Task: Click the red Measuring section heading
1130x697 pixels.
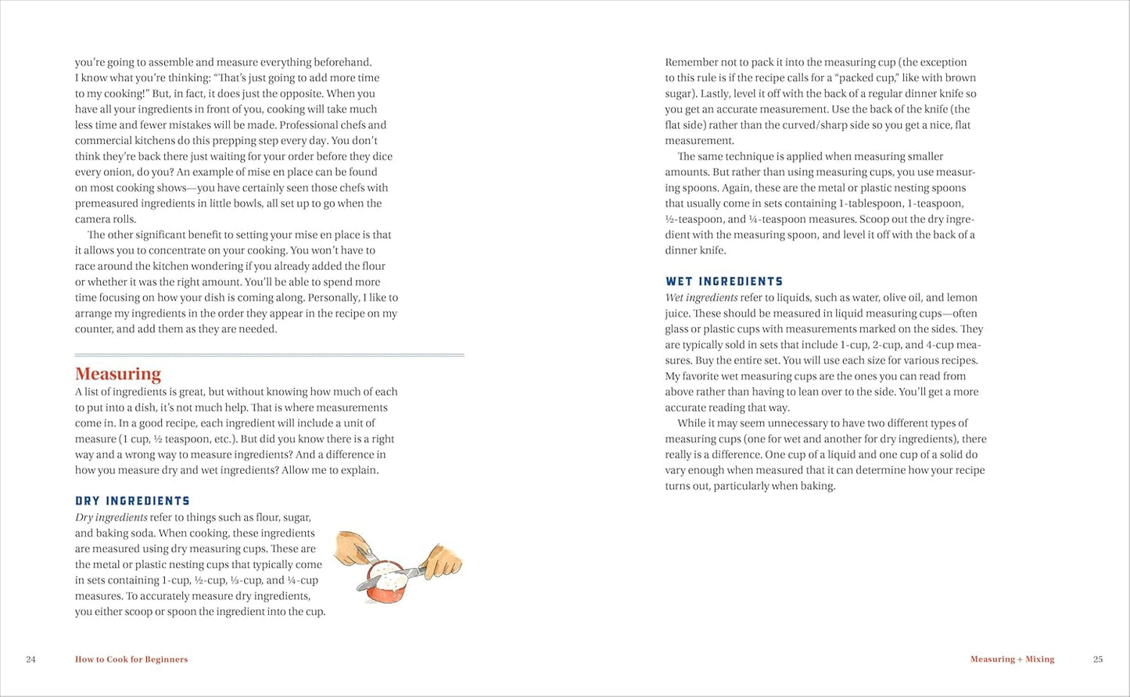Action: (x=118, y=374)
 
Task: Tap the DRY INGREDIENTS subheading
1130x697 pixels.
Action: (x=132, y=501)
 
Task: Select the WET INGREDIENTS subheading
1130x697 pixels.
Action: (x=724, y=282)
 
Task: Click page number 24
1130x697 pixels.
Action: (x=30, y=659)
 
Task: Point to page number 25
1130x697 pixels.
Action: (x=1098, y=659)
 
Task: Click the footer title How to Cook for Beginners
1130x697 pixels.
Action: (x=131, y=659)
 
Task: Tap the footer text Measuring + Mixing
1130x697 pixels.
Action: (x=1012, y=659)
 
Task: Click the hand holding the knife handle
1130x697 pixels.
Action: (x=443, y=561)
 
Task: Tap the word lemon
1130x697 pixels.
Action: (x=962, y=298)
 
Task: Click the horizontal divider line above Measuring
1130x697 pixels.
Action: (x=269, y=355)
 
